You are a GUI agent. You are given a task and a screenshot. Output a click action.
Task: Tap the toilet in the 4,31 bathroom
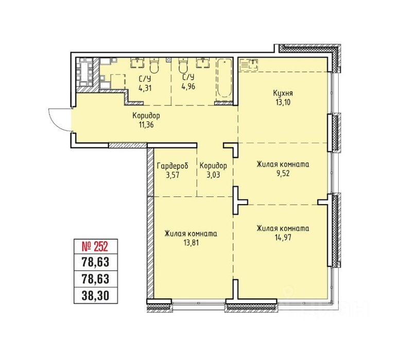tap(154, 65)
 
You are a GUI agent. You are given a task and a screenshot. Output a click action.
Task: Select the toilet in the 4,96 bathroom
tap(183, 65)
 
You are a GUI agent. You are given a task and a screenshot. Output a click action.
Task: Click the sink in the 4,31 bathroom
tap(137, 63)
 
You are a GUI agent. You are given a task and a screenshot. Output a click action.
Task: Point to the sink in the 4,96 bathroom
tap(203, 63)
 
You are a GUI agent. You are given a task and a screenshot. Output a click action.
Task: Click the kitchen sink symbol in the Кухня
tap(249, 64)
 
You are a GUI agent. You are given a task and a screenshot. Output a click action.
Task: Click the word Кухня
tap(283, 94)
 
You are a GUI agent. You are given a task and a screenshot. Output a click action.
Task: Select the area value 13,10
tap(283, 102)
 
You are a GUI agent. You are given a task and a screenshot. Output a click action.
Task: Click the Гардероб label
tap(172, 166)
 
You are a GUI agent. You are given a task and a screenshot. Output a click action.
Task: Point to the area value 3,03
tap(213, 175)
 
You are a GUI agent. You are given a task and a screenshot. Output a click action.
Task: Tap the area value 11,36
tap(146, 124)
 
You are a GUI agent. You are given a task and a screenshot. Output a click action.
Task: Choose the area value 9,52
tap(283, 173)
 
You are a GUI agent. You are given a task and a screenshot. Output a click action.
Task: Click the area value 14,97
tap(283, 237)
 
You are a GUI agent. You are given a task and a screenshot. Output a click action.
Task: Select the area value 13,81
tap(190, 243)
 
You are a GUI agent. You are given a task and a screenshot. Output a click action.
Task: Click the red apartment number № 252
tap(95, 246)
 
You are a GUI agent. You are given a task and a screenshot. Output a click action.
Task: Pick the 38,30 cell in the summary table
tap(95, 296)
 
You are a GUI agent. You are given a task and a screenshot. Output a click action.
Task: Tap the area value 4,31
tap(145, 88)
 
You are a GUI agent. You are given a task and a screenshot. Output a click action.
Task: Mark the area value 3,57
tap(172, 175)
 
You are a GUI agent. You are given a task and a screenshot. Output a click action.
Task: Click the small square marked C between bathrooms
tap(168, 60)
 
